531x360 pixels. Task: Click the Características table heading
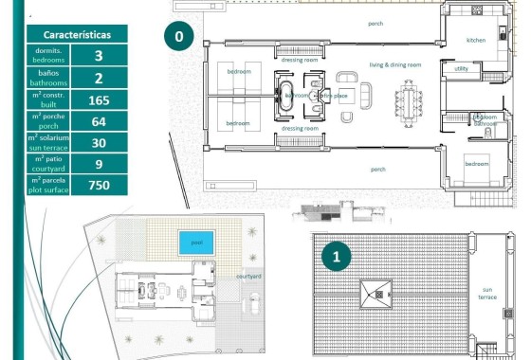(77, 34)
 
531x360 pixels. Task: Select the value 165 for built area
(99, 99)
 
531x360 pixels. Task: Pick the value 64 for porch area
(99, 121)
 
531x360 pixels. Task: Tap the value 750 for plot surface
(99, 185)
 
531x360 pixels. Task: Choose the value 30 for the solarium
(99, 142)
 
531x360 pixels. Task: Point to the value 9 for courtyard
(99, 164)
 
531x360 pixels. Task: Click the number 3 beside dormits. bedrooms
(99, 56)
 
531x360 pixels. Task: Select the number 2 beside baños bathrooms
(99, 78)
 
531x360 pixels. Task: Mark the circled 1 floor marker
(333, 256)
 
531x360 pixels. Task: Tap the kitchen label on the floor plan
(475, 41)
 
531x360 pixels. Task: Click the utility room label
(461, 68)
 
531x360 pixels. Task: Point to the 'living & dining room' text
(395, 64)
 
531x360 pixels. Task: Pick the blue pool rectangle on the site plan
(196, 243)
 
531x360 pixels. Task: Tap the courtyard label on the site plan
(249, 276)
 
